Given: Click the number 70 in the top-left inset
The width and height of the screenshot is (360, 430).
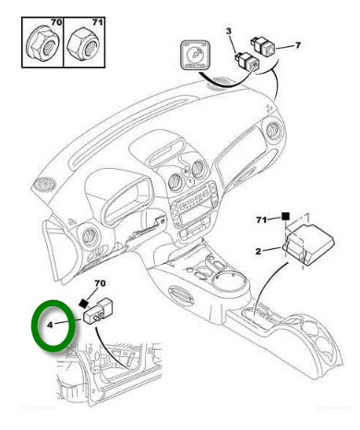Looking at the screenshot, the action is [56, 22].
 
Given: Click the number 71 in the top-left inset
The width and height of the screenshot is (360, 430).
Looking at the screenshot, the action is [97, 22].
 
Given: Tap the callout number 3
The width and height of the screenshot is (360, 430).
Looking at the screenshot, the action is [229, 31].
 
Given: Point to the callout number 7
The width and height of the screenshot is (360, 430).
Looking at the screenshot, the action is [297, 45].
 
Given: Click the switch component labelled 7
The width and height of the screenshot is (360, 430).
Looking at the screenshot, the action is [263, 45].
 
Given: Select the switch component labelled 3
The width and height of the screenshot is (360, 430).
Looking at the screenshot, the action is [246, 61].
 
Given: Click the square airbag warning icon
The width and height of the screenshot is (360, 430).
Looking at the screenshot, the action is [195, 55].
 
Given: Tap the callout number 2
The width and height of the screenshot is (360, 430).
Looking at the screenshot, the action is [258, 251].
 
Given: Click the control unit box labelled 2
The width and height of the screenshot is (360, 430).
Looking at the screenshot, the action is [308, 245].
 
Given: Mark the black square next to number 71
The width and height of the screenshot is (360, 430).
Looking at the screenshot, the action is [286, 217].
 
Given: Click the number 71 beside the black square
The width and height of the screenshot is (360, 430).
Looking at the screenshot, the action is [261, 220].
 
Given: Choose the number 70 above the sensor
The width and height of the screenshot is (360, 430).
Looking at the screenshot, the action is [100, 283].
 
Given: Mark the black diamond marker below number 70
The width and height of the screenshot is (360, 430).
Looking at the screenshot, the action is [83, 304].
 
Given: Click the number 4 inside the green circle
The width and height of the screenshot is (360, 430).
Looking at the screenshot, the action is [51, 325].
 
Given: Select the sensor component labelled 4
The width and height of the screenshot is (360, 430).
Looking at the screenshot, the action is [99, 311].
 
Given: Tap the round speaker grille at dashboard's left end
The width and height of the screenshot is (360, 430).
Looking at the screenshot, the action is [45, 185].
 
